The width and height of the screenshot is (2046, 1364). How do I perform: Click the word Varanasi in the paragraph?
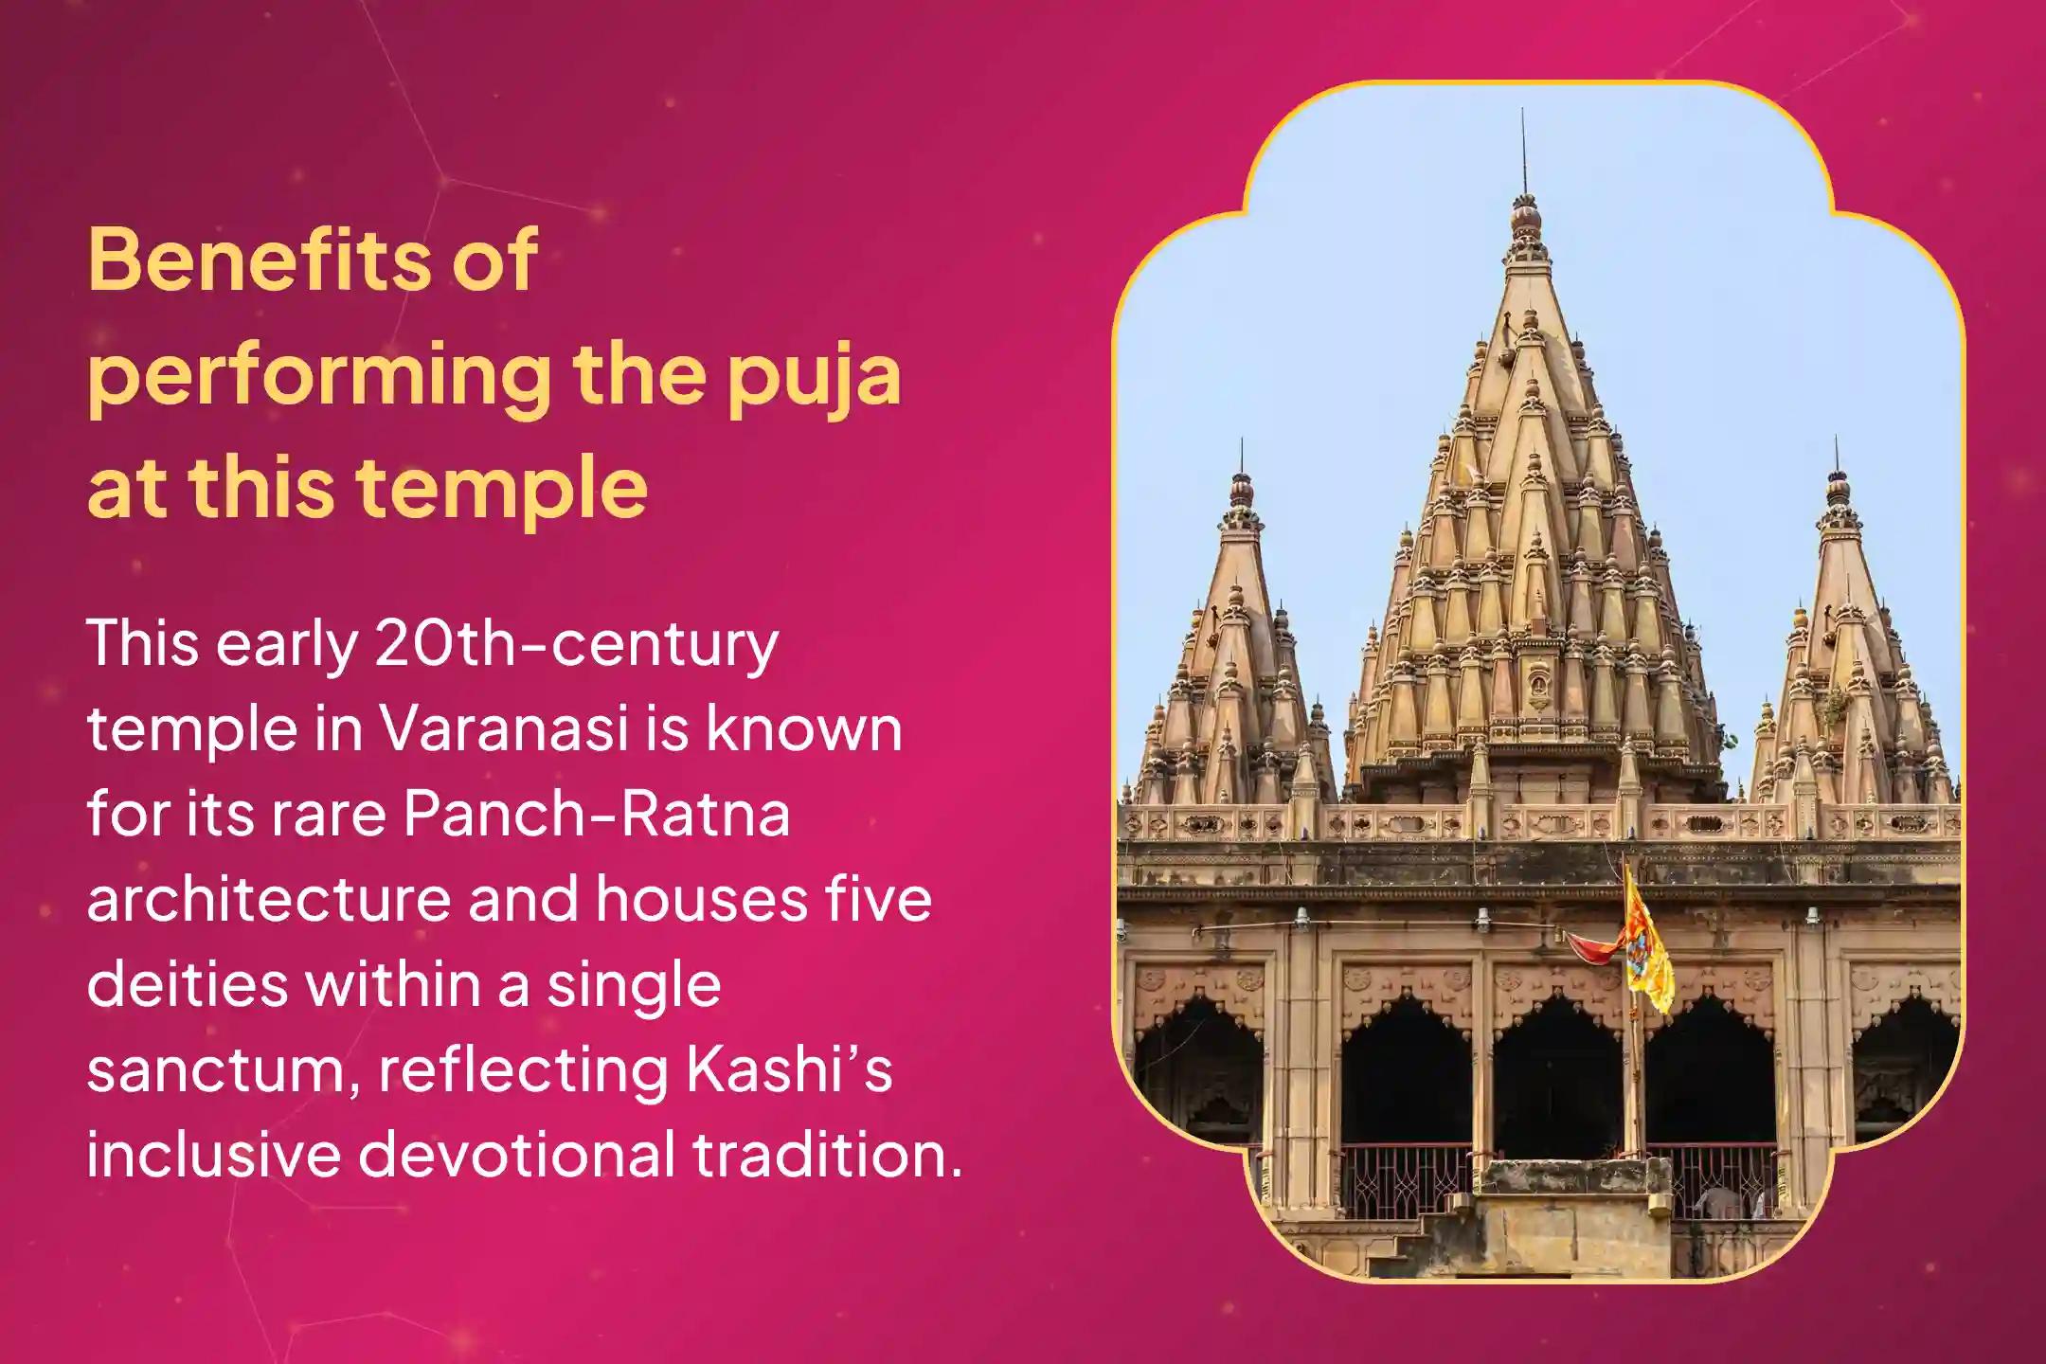pyautogui.click(x=504, y=729)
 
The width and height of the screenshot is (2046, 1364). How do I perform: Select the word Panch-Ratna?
pyautogui.click(x=597, y=815)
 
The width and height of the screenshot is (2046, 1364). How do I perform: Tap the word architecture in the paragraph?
pyautogui.click(x=268, y=900)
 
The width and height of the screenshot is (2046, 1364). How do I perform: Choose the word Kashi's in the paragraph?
pyautogui.click(x=788, y=1070)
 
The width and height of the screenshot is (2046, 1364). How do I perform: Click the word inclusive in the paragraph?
pyautogui.click(x=213, y=1156)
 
